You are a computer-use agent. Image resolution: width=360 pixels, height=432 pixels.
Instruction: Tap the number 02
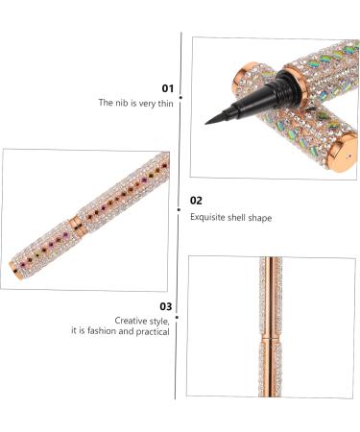(x=196, y=201)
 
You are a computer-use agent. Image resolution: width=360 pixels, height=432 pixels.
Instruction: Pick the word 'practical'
(x=153, y=331)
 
